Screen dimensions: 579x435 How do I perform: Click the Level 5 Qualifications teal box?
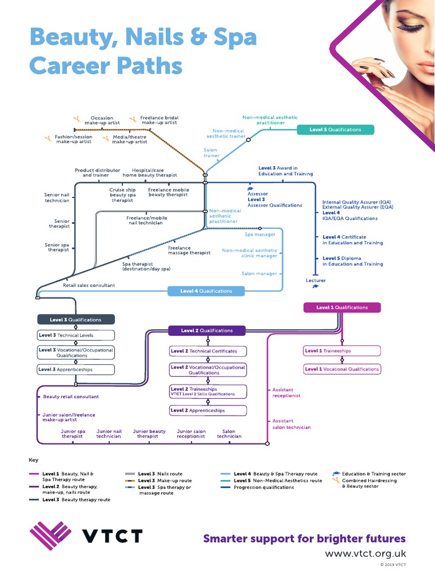point(335,129)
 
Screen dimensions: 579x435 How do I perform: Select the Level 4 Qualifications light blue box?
point(207,291)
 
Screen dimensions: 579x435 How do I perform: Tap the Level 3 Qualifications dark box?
point(76,319)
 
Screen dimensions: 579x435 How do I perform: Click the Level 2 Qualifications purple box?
point(207,331)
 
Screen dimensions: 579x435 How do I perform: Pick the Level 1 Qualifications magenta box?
point(342,308)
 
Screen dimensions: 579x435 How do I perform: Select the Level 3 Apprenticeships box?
point(76,369)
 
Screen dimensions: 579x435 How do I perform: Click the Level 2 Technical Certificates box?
point(208,351)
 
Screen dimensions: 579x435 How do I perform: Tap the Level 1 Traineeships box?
point(342,351)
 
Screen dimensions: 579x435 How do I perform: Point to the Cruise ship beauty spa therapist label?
point(122,195)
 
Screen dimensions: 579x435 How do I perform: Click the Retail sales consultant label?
point(88,286)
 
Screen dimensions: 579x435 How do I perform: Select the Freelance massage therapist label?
point(189,250)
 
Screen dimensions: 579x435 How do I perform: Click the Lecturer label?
point(315,280)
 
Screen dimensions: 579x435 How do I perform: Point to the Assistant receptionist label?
point(287,392)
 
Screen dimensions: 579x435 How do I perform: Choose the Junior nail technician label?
point(109,434)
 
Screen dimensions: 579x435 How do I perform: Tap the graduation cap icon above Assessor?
point(250,188)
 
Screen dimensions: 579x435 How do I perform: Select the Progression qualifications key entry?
point(263,487)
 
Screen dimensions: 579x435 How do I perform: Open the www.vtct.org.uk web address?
point(365,554)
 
